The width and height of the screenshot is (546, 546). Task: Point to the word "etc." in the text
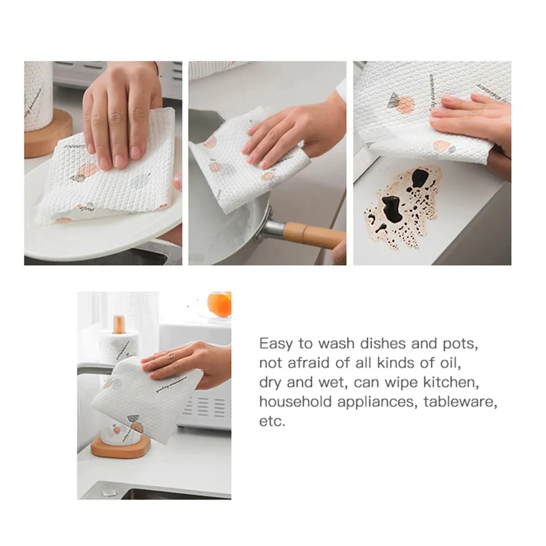(272, 421)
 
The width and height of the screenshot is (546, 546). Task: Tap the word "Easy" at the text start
(276, 344)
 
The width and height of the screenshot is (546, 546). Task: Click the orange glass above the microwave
(220, 304)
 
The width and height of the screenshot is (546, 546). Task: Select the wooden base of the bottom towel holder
(121, 446)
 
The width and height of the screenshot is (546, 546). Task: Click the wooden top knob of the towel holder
(119, 324)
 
